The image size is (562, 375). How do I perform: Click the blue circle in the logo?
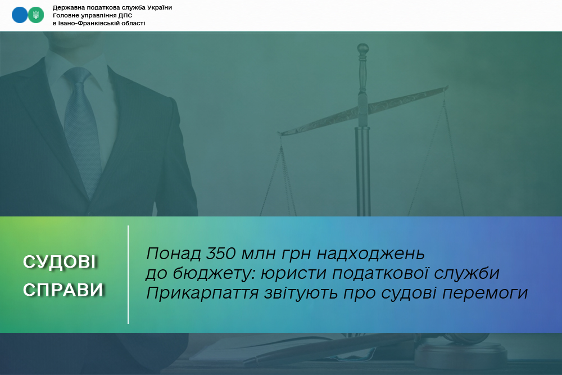click(x=19, y=15)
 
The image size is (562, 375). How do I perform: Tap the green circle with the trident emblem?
click(x=36, y=15)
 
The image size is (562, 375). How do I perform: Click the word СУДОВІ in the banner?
click(x=60, y=262)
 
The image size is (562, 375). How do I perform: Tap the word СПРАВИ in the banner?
click(x=64, y=290)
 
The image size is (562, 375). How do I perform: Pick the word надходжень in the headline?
click(x=371, y=254)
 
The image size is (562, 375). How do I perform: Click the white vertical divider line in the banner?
click(x=128, y=274)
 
